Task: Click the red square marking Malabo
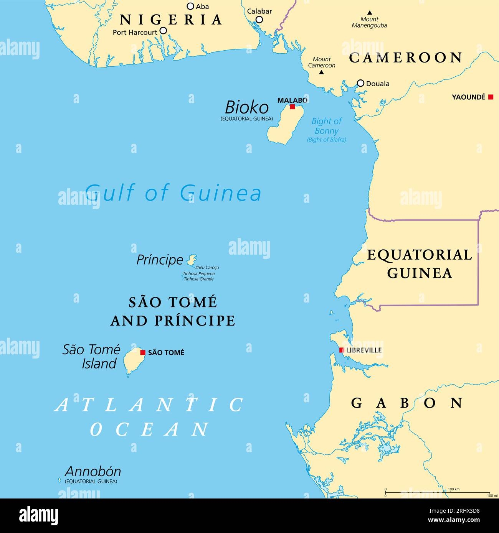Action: [292, 107]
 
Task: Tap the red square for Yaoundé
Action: [490, 97]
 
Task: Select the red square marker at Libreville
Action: [341, 350]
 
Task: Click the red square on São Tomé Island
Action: [143, 352]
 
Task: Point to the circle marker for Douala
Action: [360, 83]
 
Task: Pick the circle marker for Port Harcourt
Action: [163, 31]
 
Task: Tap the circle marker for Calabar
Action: [259, 20]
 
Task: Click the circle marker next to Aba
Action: [190, 6]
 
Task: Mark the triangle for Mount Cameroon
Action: [322, 72]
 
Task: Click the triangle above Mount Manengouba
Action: [369, 13]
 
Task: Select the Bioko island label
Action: [246, 106]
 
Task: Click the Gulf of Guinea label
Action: [173, 192]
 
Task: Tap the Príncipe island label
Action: [160, 260]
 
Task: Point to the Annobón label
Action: [93, 471]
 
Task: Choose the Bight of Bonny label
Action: [326, 126]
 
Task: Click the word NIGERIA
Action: [171, 19]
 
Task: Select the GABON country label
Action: [407, 403]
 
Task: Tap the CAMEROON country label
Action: [406, 58]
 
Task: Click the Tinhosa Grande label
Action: [198, 279]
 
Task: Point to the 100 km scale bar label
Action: [453, 489]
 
